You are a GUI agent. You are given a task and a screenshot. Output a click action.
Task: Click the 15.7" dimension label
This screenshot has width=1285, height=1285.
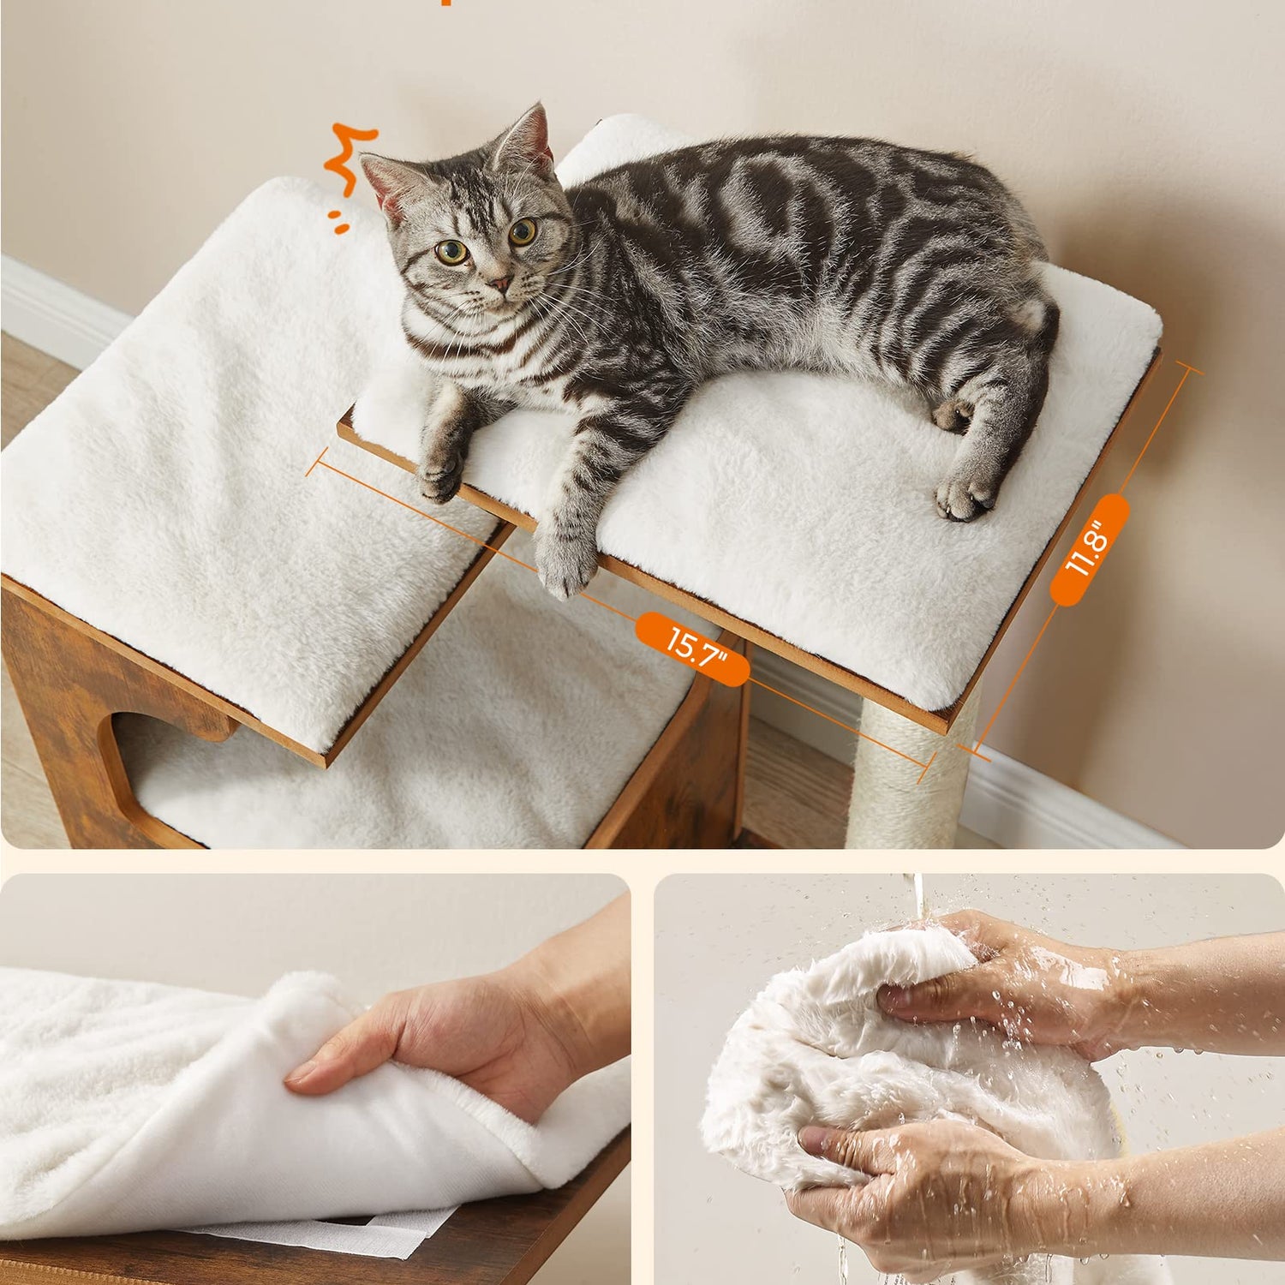point(693,648)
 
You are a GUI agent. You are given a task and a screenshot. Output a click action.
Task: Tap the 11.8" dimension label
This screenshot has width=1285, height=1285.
point(1089,550)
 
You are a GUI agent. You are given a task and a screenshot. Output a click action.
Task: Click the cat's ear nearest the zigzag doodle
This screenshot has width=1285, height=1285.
point(381,184)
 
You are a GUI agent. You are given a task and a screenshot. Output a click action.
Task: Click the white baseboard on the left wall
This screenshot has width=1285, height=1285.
point(60,308)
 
